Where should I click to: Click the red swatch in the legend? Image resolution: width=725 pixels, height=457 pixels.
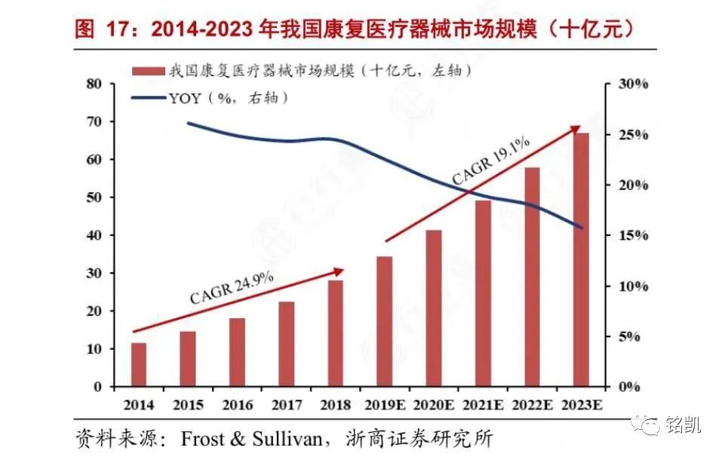pos(147,72)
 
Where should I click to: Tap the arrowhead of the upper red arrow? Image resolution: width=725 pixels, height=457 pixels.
pos(575,130)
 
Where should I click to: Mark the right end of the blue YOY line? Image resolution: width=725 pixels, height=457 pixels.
pos(581,227)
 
